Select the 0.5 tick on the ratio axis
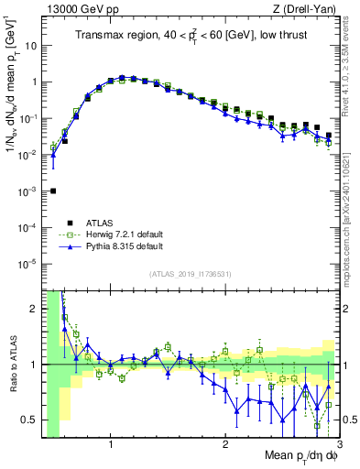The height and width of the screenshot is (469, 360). click(29, 420)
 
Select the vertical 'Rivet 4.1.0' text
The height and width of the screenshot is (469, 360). click(352, 73)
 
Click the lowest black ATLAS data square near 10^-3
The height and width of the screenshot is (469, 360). click(53, 191)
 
